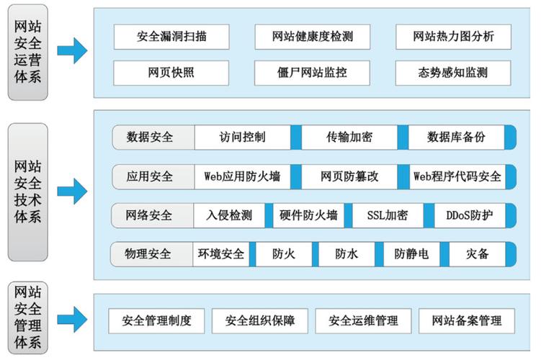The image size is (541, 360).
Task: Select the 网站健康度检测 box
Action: pyautogui.click(x=312, y=36)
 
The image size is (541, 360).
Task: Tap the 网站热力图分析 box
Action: pyautogui.click(x=453, y=36)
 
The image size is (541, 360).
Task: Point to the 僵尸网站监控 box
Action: pyautogui.click(x=312, y=73)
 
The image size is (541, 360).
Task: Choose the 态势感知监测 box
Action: pyautogui.click(x=453, y=73)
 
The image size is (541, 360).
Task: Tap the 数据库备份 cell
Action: pyautogui.click(x=456, y=137)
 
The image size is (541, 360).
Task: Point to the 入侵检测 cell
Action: pyautogui.click(x=229, y=215)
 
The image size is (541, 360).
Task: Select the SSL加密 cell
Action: pyautogui.click(x=388, y=215)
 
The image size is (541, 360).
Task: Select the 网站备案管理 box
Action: pyautogui.click(x=460, y=320)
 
